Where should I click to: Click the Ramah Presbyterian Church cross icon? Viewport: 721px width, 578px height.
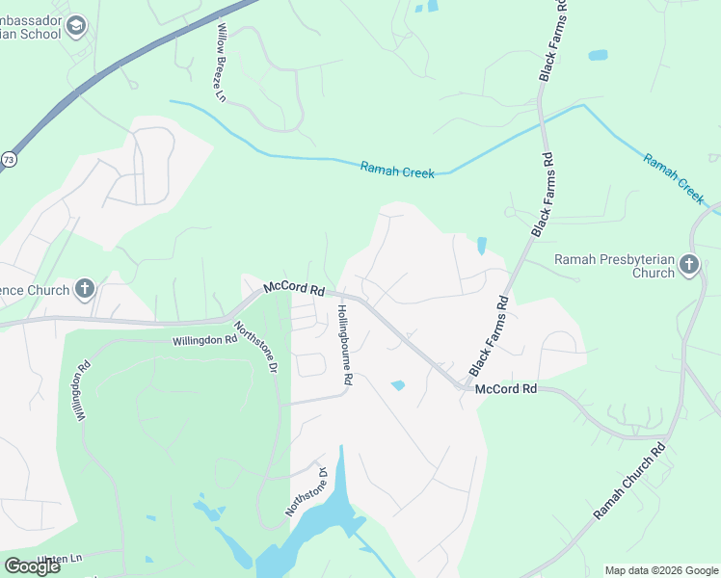coord(688,265)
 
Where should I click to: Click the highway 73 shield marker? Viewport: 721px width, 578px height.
coord(9,159)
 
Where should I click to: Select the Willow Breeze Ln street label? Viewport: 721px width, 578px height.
coord(221,64)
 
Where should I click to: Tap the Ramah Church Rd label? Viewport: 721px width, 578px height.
coord(629,483)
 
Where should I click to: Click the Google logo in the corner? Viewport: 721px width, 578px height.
coord(33,566)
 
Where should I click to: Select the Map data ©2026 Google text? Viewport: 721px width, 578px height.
coord(661,570)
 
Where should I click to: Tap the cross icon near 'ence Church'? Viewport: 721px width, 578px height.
coord(85,288)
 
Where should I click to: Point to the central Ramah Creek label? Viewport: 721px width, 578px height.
coord(397,170)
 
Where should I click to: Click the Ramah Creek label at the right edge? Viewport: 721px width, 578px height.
coord(675,178)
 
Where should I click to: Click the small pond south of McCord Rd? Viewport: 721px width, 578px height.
coord(398,385)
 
